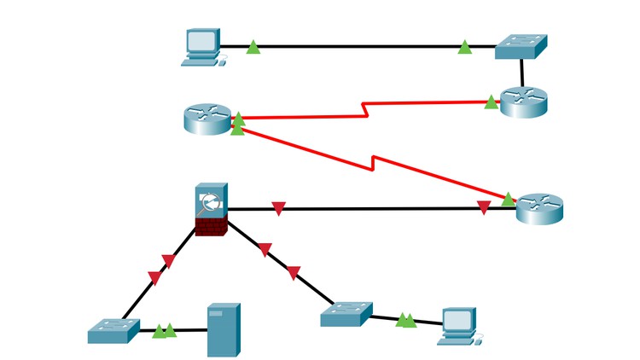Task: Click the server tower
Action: tap(224, 330)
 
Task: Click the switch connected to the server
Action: tap(113, 330)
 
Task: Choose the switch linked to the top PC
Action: tap(521, 47)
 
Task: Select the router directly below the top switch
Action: tap(523, 102)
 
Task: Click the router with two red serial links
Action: tap(207, 119)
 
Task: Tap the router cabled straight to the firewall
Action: tap(539, 208)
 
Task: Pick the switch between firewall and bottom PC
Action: tap(346, 314)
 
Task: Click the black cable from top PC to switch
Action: tap(358, 47)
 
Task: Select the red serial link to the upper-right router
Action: tap(367, 110)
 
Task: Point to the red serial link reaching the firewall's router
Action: tap(375, 161)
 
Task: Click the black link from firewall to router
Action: tap(375, 208)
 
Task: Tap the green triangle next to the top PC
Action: tap(253, 48)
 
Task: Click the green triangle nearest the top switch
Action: tap(465, 48)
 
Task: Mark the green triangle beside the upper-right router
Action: tap(491, 102)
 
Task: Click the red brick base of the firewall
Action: tap(210, 226)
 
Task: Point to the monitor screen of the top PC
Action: tap(201, 41)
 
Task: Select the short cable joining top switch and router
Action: tap(521, 73)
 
